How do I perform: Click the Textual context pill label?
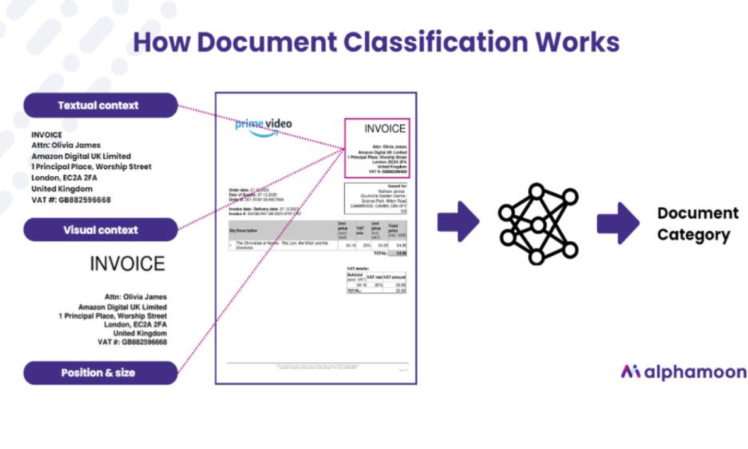pos(99,106)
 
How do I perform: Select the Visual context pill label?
pos(100,230)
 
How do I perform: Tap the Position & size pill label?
pos(99,373)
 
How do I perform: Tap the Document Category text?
pos(693,224)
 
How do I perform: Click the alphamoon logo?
pos(682,372)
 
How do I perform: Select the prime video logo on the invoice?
pos(263,126)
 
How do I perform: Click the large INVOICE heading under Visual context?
pos(127,264)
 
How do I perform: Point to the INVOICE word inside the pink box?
pos(384,129)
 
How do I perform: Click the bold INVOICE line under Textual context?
pos(47,135)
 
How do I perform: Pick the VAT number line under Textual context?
pos(71,200)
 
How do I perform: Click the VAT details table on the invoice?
pos(376,281)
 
